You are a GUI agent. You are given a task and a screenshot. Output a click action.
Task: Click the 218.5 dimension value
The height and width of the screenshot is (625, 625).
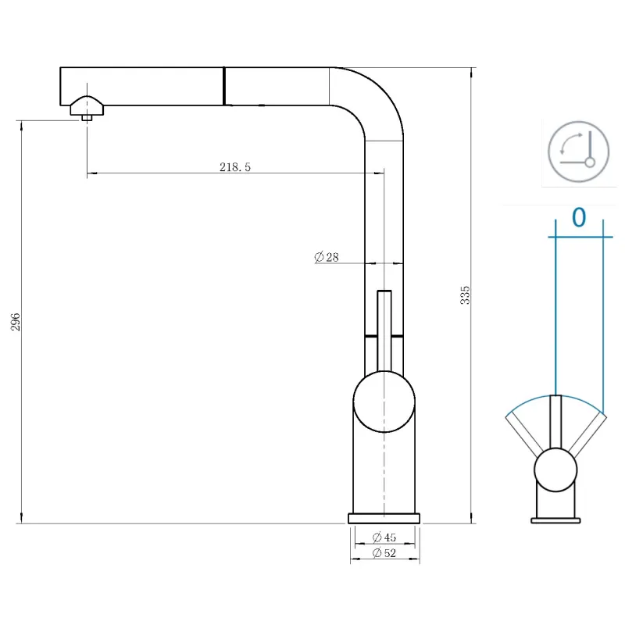tap(235, 166)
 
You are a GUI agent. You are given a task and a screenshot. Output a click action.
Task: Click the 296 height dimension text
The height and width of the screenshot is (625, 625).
tap(15, 321)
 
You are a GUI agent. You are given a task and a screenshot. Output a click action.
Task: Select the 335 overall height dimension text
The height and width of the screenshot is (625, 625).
tap(466, 295)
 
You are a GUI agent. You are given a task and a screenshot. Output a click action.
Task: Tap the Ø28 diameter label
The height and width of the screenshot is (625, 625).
tap(327, 257)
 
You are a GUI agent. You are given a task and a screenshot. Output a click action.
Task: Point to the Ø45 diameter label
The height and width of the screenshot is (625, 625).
tap(384, 537)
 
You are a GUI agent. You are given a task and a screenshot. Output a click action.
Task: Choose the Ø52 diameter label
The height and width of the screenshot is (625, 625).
tap(384, 554)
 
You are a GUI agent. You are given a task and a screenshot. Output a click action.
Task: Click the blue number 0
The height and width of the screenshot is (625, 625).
tap(578, 217)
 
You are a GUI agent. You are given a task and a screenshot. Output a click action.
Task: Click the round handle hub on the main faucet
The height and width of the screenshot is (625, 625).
tap(384, 402)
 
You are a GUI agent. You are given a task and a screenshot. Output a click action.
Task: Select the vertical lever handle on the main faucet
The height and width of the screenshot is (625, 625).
tap(384, 328)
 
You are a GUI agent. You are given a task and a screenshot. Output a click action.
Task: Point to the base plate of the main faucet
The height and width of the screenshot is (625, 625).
tap(384, 518)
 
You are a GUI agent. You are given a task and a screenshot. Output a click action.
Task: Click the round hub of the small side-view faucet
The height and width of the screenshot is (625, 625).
tap(555, 470)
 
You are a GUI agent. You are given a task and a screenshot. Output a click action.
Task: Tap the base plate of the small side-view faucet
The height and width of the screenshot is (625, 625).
tap(555, 520)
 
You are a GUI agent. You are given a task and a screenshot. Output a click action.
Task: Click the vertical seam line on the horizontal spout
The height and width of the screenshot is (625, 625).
tap(224, 86)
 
